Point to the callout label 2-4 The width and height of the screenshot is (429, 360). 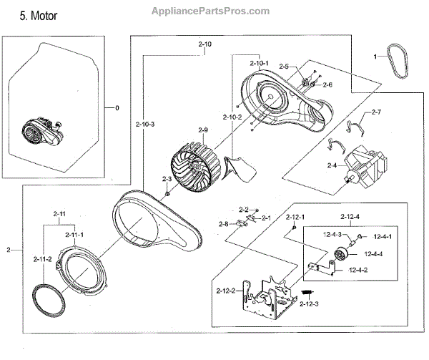click(332, 165)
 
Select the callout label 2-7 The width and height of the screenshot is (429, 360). click(376, 112)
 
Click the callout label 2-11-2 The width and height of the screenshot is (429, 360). click(44, 259)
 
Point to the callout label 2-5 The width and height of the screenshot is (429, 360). click(284, 67)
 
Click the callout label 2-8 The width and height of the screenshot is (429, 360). click(224, 224)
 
